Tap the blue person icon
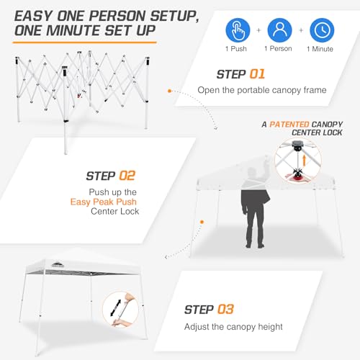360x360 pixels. [x=280, y=30]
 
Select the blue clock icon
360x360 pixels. [x=322, y=30]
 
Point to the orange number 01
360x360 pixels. [x=256, y=74]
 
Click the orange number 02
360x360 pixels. [x=125, y=175]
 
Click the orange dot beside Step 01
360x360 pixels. [x=169, y=91]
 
